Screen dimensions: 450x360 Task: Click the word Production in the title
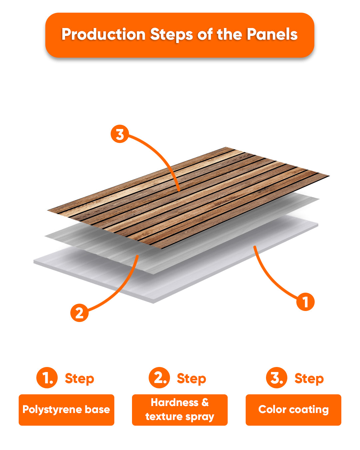(x=103, y=35)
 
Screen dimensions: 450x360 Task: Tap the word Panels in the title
(x=272, y=35)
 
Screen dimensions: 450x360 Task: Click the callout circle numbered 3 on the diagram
(x=120, y=134)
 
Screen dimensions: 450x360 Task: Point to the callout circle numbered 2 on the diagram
(x=79, y=313)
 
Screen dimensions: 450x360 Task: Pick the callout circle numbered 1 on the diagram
(x=305, y=302)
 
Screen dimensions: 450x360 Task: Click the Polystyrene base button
(x=66, y=410)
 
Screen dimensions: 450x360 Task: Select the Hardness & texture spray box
(x=180, y=410)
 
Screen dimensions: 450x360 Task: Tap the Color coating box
(x=293, y=410)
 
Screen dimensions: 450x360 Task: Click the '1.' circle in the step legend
(x=47, y=378)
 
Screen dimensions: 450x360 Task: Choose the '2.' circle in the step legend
(x=159, y=378)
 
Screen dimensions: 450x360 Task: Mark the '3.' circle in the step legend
(x=277, y=378)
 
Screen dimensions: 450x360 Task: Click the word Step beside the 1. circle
(x=79, y=379)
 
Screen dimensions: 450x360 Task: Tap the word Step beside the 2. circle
(x=191, y=379)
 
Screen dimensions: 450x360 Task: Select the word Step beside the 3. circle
(x=309, y=379)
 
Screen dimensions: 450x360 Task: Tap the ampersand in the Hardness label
(x=205, y=402)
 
